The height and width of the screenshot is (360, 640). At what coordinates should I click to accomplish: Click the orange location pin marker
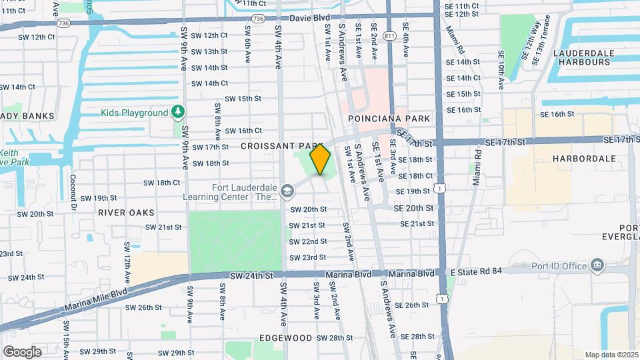321,159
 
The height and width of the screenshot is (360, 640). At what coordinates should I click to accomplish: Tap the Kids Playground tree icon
177,112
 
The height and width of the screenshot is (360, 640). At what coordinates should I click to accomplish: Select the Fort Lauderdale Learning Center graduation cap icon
287,192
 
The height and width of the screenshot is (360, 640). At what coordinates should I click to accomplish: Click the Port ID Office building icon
597,266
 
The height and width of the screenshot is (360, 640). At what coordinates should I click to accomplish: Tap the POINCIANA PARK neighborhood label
389,119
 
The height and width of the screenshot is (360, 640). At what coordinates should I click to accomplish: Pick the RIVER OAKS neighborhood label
126,213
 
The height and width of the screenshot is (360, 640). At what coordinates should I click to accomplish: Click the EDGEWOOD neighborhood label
285,337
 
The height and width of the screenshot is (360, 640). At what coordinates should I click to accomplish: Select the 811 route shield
389,34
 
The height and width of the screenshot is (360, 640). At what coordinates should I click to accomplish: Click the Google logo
22,351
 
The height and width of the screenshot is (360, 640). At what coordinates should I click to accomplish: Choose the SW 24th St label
252,275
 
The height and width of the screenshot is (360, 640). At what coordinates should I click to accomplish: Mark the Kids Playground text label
135,113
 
